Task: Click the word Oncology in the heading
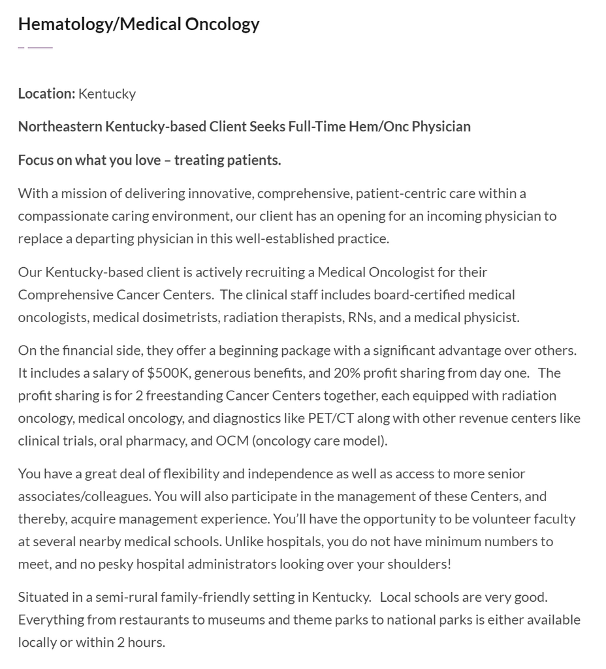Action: pos(222,24)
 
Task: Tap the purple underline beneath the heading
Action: pos(35,47)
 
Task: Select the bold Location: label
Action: pos(46,93)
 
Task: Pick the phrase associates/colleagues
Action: pos(84,496)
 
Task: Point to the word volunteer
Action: pos(495,519)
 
